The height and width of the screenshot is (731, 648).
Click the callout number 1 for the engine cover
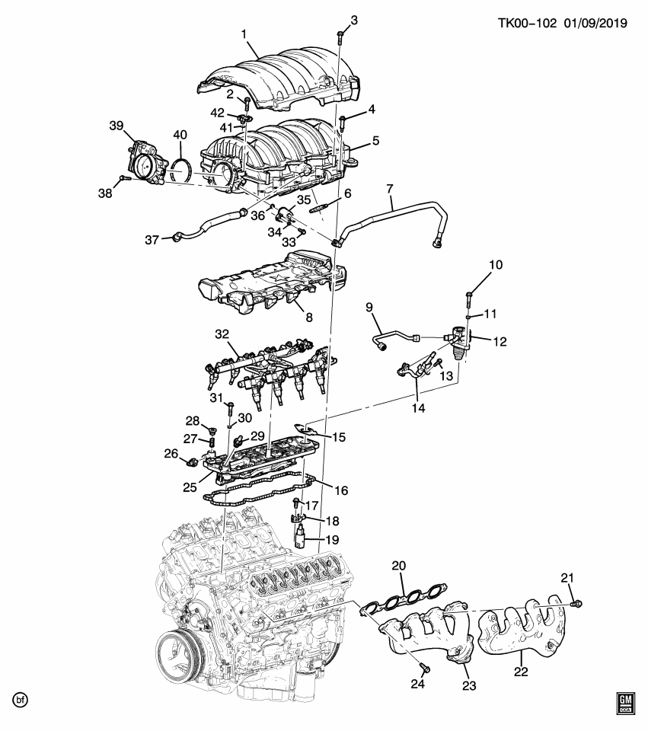pyautogui.click(x=244, y=34)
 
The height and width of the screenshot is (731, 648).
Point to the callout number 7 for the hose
pyautogui.click(x=389, y=187)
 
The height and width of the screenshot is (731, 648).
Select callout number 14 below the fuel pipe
pyautogui.click(x=418, y=408)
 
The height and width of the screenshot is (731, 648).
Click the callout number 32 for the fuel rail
pyautogui.click(x=222, y=334)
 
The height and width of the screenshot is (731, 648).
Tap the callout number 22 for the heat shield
pyautogui.click(x=521, y=672)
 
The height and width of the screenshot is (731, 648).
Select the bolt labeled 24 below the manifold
pyautogui.click(x=426, y=669)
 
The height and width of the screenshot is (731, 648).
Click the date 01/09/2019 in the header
pyautogui.click(x=595, y=24)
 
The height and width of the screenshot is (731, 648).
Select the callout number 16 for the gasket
pyautogui.click(x=340, y=491)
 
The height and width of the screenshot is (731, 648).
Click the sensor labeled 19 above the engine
pyautogui.click(x=302, y=538)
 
